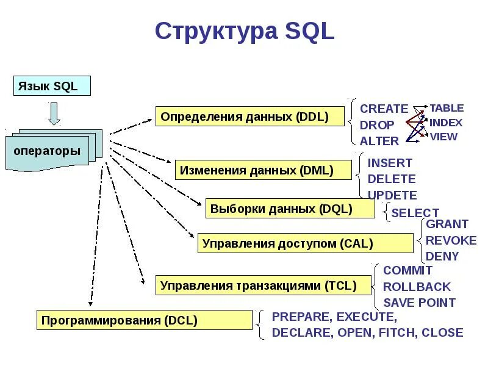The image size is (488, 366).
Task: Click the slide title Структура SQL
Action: click(245, 31)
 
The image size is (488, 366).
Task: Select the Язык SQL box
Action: click(52, 86)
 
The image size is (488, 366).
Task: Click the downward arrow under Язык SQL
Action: click(54, 113)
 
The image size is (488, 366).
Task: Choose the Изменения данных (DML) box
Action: click(264, 170)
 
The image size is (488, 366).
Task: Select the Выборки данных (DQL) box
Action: click(290, 209)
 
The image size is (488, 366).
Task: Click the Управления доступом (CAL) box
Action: click(305, 243)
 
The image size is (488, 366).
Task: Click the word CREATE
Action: click(384, 109)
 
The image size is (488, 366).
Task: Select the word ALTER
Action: click(379, 141)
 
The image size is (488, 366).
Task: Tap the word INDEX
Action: click(446, 123)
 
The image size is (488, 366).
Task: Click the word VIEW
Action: click(443, 137)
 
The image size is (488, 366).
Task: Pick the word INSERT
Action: click(390, 163)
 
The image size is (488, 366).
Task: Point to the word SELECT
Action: click(415, 213)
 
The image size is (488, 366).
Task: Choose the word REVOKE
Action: click(451, 240)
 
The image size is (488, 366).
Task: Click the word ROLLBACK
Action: click(417, 287)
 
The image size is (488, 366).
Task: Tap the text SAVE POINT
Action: click(419, 303)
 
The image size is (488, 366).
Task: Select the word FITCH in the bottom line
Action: click(396, 333)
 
